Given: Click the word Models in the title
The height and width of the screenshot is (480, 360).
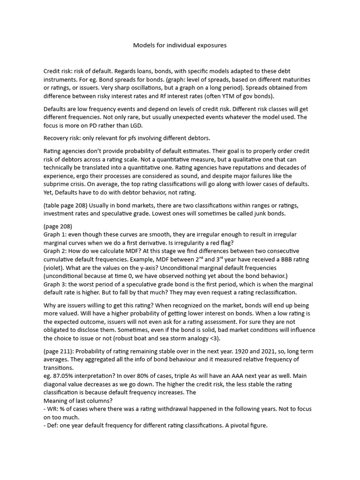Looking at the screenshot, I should pyautogui.click(x=143, y=45).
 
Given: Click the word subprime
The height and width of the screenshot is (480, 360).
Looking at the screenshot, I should pyautogui.click(x=58, y=184).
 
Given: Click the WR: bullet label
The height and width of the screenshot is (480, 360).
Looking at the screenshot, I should pyautogui.click(x=52, y=409).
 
